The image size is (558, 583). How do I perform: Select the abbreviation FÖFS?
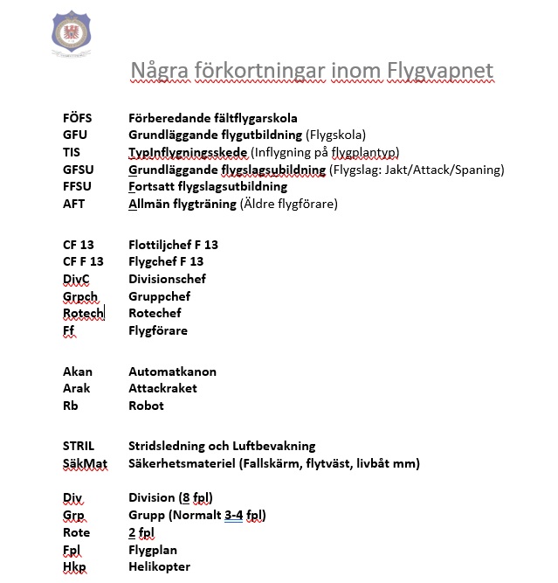(x=77, y=118)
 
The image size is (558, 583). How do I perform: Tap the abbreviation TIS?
(x=72, y=152)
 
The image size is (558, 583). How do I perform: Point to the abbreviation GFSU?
(x=79, y=170)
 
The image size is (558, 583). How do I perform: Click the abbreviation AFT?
(x=74, y=204)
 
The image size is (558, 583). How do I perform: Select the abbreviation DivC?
(x=77, y=279)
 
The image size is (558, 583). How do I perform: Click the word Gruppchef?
(x=159, y=296)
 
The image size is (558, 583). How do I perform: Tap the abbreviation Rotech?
(x=83, y=313)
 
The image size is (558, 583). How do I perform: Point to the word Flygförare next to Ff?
(x=158, y=330)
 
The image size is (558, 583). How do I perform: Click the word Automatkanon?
(x=172, y=371)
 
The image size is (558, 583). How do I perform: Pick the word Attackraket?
(x=162, y=388)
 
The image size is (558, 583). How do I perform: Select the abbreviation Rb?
(x=70, y=406)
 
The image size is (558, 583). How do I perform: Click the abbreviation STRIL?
(x=79, y=447)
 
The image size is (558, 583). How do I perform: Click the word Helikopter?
(x=159, y=566)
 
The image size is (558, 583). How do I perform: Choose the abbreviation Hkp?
(x=74, y=566)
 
